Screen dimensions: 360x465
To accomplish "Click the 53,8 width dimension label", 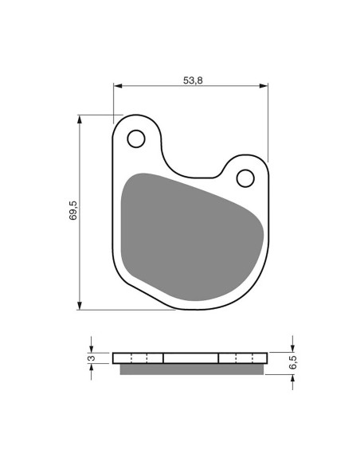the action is pos(193,80).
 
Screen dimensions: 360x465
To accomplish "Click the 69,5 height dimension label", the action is pos(73,210).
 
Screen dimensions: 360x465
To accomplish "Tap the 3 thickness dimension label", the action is pos(92,358).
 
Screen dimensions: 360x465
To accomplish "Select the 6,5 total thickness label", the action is pos(292,362).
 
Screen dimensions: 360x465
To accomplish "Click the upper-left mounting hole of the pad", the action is pos(136,139).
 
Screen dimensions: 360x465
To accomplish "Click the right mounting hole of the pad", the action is pos(245,178).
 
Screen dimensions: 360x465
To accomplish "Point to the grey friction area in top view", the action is pos(190,237).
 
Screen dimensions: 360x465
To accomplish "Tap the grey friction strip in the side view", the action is pos(192,369).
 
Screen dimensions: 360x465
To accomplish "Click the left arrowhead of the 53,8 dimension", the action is pos(118,86).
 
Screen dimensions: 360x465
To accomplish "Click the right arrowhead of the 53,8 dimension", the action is pos(264,86).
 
